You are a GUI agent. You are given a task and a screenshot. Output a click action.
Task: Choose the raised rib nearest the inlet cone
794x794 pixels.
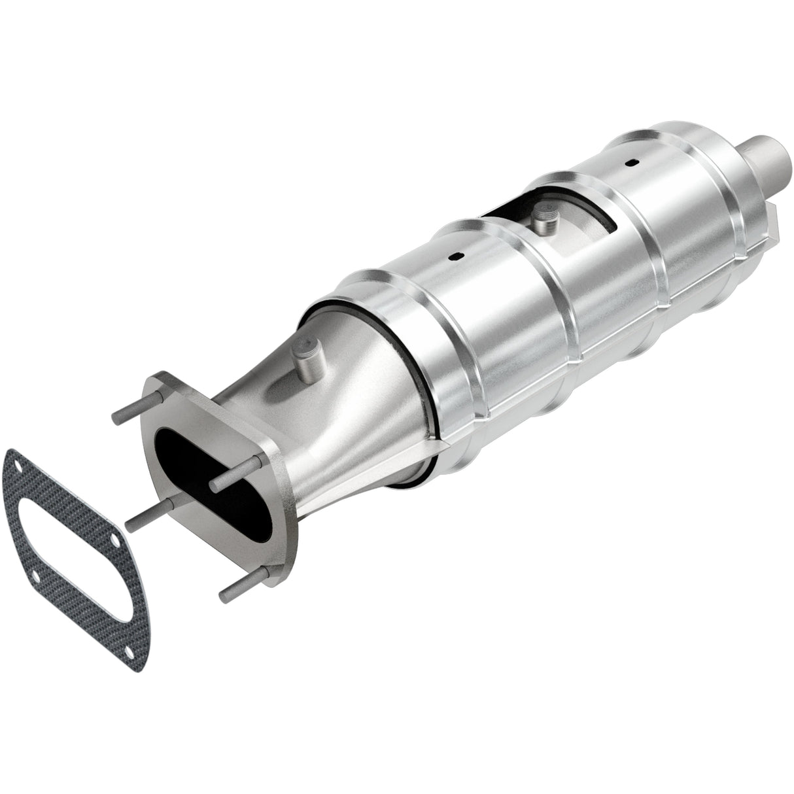click(386, 307)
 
